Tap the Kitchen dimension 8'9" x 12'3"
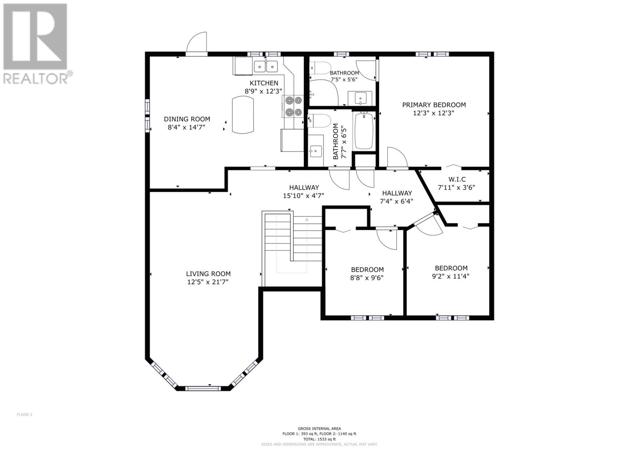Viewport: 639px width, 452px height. [264, 91]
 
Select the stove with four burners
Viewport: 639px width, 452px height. [293, 106]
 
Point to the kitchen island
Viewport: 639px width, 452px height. [242, 115]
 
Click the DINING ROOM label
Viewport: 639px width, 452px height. [187, 119]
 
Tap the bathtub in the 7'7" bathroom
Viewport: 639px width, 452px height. [363, 131]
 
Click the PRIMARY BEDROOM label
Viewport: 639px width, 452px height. [434, 105]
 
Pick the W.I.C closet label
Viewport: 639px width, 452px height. [457, 180]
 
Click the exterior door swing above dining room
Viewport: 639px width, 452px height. [197, 43]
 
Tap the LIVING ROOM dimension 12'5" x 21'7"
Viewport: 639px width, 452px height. [208, 282]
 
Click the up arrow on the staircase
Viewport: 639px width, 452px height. [307, 219]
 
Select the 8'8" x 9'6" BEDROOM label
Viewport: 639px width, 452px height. [367, 270]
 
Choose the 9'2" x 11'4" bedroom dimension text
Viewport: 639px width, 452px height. [451, 276]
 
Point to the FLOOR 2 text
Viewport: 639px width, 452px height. [24, 414]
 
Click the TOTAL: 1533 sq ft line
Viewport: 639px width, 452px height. [319, 439]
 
